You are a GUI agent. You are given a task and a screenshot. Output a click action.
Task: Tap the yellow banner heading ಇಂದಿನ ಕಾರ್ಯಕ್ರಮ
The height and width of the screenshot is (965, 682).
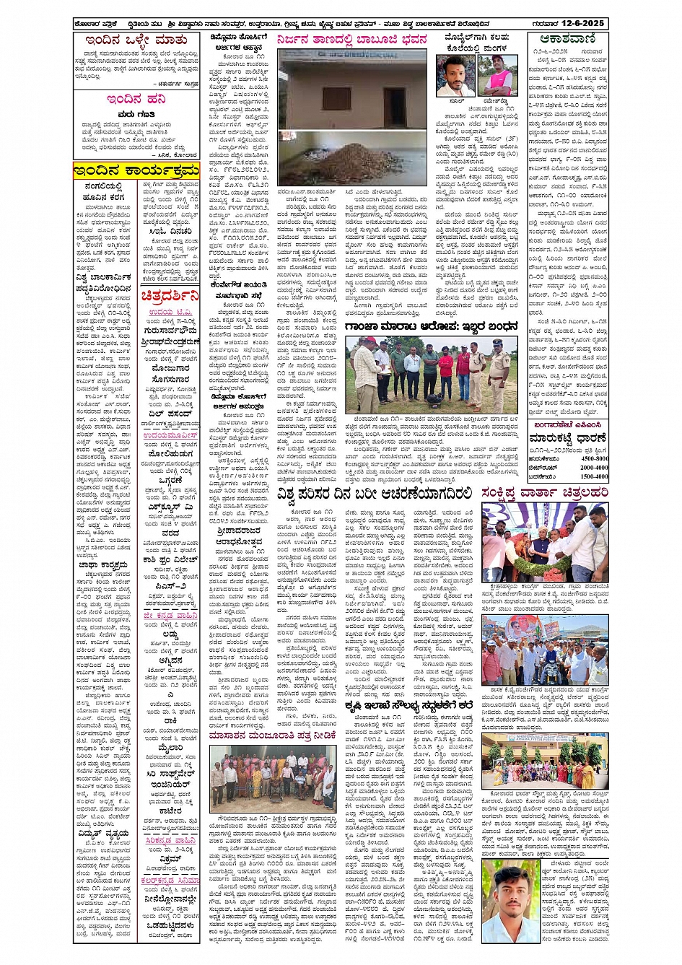pyautogui.click(x=136, y=170)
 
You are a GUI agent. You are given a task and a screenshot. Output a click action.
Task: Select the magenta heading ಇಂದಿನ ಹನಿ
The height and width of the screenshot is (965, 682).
pyautogui.click(x=136, y=99)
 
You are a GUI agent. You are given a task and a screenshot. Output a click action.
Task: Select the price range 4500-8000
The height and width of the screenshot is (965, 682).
pyautogui.click(x=595, y=458)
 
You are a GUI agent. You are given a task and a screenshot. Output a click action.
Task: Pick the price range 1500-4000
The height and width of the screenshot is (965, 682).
pyautogui.click(x=595, y=476)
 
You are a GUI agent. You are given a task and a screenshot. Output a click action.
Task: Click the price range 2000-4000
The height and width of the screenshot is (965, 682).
pyautogui.click(x=595, y=468)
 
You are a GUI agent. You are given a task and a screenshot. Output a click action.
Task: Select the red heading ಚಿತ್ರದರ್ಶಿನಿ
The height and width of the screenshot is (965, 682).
pyautogui.click(x=169, y=294)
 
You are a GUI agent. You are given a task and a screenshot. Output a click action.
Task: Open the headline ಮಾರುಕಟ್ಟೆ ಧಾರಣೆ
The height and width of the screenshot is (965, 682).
pyautogui.click(x=566, y=437)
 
